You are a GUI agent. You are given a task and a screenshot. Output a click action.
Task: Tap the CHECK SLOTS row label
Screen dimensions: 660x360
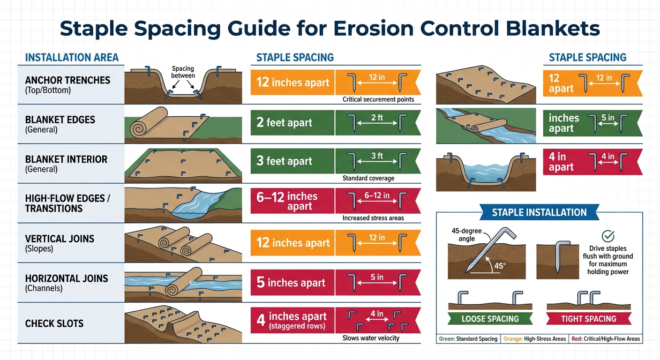point(54,323)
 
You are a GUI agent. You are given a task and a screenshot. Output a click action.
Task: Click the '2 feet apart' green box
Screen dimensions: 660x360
point(292,123)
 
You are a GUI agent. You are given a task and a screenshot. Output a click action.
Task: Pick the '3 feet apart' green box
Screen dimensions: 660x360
point(292,161)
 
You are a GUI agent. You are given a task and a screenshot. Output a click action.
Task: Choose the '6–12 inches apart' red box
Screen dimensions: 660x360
point(292,201)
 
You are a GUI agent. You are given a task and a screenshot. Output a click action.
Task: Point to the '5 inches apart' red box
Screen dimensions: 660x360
point(292,283)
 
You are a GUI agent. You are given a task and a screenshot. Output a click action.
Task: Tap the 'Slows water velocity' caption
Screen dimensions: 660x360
point(371,338)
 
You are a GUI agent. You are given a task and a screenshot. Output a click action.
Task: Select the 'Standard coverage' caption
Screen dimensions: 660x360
point(368,178)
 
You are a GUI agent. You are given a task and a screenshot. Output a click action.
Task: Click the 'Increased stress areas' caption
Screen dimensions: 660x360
point(373,218)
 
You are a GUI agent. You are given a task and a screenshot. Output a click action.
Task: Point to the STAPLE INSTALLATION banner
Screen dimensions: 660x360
point(539,212)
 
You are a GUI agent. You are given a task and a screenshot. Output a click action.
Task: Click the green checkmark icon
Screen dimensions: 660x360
point(607,236)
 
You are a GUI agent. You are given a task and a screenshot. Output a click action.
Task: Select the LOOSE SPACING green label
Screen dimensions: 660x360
point(490,319)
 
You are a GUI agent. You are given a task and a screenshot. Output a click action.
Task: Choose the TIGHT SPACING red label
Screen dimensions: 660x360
point(589,319)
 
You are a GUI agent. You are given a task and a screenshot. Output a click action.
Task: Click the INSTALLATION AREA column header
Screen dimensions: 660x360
point(72,58)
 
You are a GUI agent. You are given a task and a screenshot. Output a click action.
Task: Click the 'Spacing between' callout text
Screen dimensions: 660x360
point(183,72)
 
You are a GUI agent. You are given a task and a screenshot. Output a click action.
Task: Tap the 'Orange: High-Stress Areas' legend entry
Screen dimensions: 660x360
point(534,338)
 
